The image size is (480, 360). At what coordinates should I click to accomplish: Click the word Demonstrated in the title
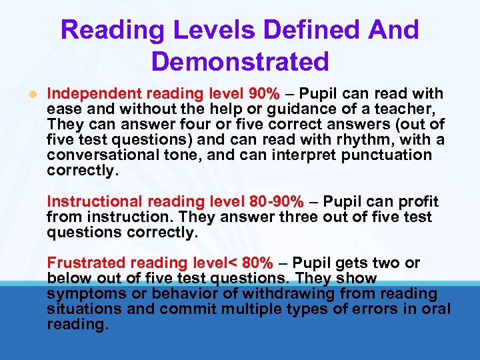coord(240,61)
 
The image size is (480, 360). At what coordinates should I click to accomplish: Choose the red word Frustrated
coord(87,263)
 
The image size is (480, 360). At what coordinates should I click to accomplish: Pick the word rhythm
coord(345,140)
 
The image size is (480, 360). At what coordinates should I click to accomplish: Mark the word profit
coord(416,201)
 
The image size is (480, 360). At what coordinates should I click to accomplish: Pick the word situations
coord(79,309)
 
